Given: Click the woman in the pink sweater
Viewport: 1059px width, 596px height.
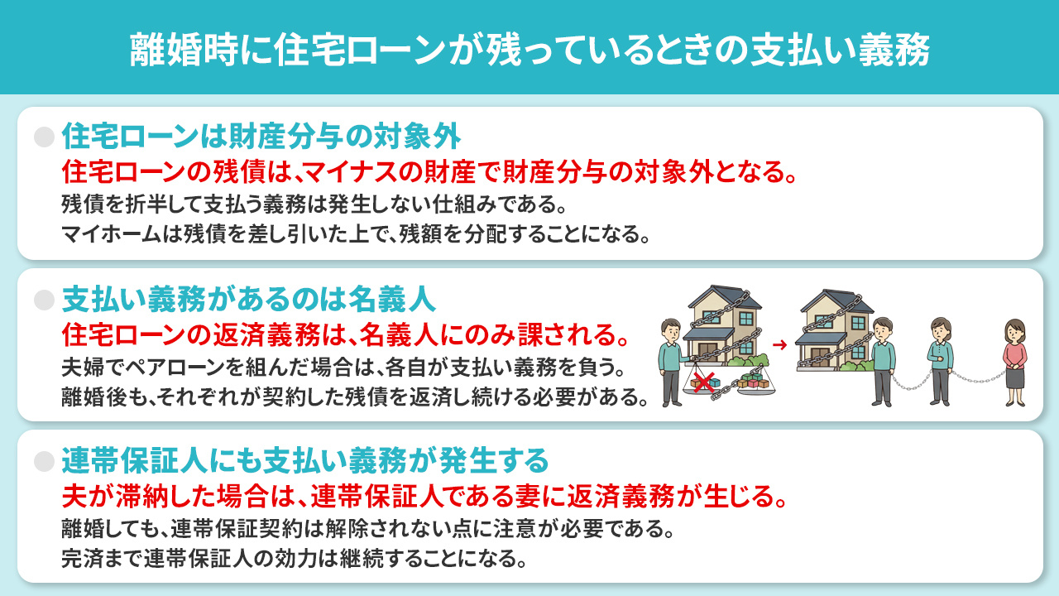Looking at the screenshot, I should [1013, 361].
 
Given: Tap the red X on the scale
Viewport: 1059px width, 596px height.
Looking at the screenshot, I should [702, 382].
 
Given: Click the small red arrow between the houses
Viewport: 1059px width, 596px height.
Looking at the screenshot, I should [778, 340].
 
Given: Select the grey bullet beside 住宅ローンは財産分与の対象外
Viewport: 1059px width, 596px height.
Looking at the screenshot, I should [43, 137].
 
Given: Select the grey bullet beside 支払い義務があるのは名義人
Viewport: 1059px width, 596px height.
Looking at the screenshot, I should [43, 299].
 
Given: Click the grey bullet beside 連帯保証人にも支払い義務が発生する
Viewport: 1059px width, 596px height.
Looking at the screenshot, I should [43, 460].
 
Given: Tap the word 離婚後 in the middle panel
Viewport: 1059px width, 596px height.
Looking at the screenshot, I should [85, 396].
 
